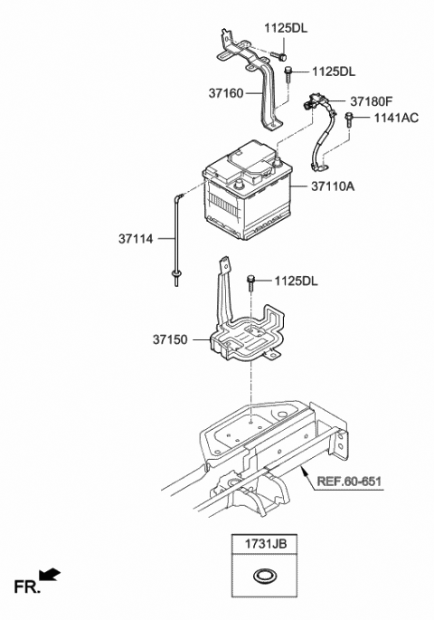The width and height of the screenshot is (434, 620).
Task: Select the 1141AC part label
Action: tap(394, 119)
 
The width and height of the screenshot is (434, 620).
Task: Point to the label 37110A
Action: tap(334, 187)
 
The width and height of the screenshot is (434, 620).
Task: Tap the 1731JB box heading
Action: tap(265, 545)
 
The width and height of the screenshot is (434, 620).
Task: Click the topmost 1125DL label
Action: tap(286, 28)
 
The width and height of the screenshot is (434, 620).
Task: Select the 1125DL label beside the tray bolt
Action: tap(297, 281)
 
